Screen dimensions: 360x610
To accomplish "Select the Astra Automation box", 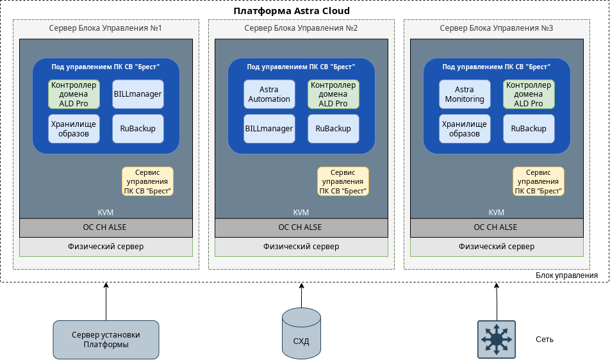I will pos(269,94).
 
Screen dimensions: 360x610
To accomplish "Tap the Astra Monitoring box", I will pos(465,94).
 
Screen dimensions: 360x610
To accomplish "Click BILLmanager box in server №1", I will pos(138,94).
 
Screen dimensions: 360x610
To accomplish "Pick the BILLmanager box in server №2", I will pos(269,128).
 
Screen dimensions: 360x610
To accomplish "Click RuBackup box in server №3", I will pos(529,128).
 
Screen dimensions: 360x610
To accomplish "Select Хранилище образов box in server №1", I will pos(74,128).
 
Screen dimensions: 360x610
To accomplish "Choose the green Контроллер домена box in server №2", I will pos(333,94).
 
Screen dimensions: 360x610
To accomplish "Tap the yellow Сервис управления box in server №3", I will pos(538,181).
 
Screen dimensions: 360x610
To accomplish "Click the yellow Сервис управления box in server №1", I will pos(148,181).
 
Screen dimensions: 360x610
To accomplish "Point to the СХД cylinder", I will pos(301,333).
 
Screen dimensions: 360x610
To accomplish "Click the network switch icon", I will pos(496,340).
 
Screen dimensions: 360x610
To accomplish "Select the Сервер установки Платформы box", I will pos(106,340).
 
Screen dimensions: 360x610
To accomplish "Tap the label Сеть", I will pos(545,340).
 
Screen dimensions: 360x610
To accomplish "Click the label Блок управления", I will pos(566,275).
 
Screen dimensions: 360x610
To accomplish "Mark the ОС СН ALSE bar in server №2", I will pos(301,227).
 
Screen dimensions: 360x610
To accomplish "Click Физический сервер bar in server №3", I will pos(497,247).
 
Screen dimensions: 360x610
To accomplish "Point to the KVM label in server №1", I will pos(106,213).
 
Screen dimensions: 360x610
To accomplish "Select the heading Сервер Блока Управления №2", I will pos(301,29).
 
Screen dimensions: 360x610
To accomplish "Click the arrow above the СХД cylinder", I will pos(301,295).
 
